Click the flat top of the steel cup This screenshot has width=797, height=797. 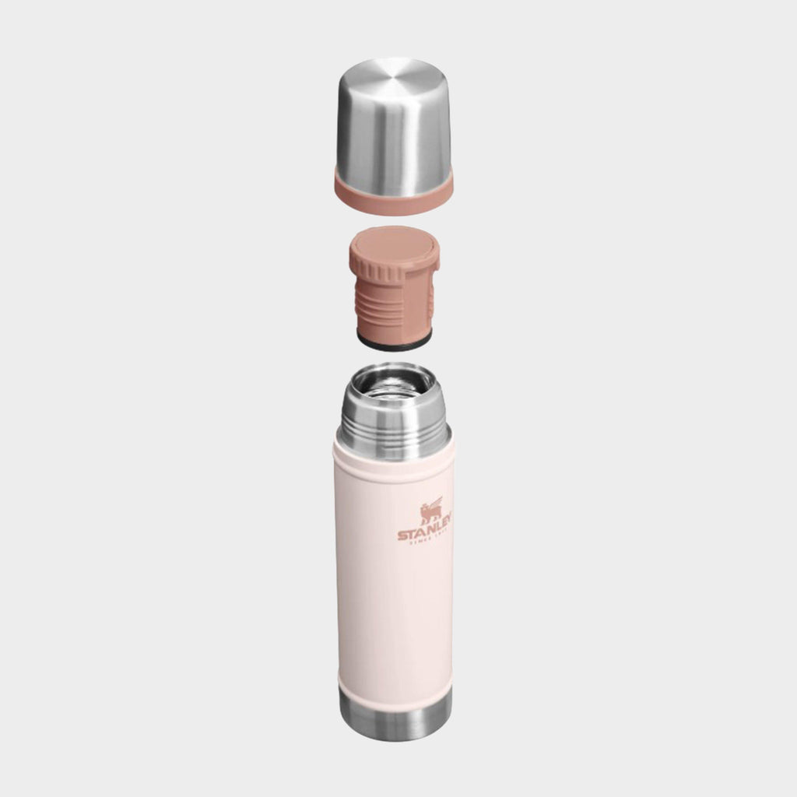coord(394,78)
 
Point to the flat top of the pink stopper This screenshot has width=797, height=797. coord(395,244)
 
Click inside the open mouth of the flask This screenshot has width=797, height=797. coord(394,387)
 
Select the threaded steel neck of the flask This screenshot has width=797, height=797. coord(394,432)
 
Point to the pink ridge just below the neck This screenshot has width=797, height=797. coord(394,465)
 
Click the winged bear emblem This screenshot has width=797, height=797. coord(431,511)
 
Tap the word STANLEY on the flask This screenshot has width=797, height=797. coord(425,534)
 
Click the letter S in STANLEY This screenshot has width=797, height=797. coord(402,535)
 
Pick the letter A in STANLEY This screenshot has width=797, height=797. coord(419,535)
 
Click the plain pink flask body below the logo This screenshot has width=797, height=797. coord(394,615)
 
